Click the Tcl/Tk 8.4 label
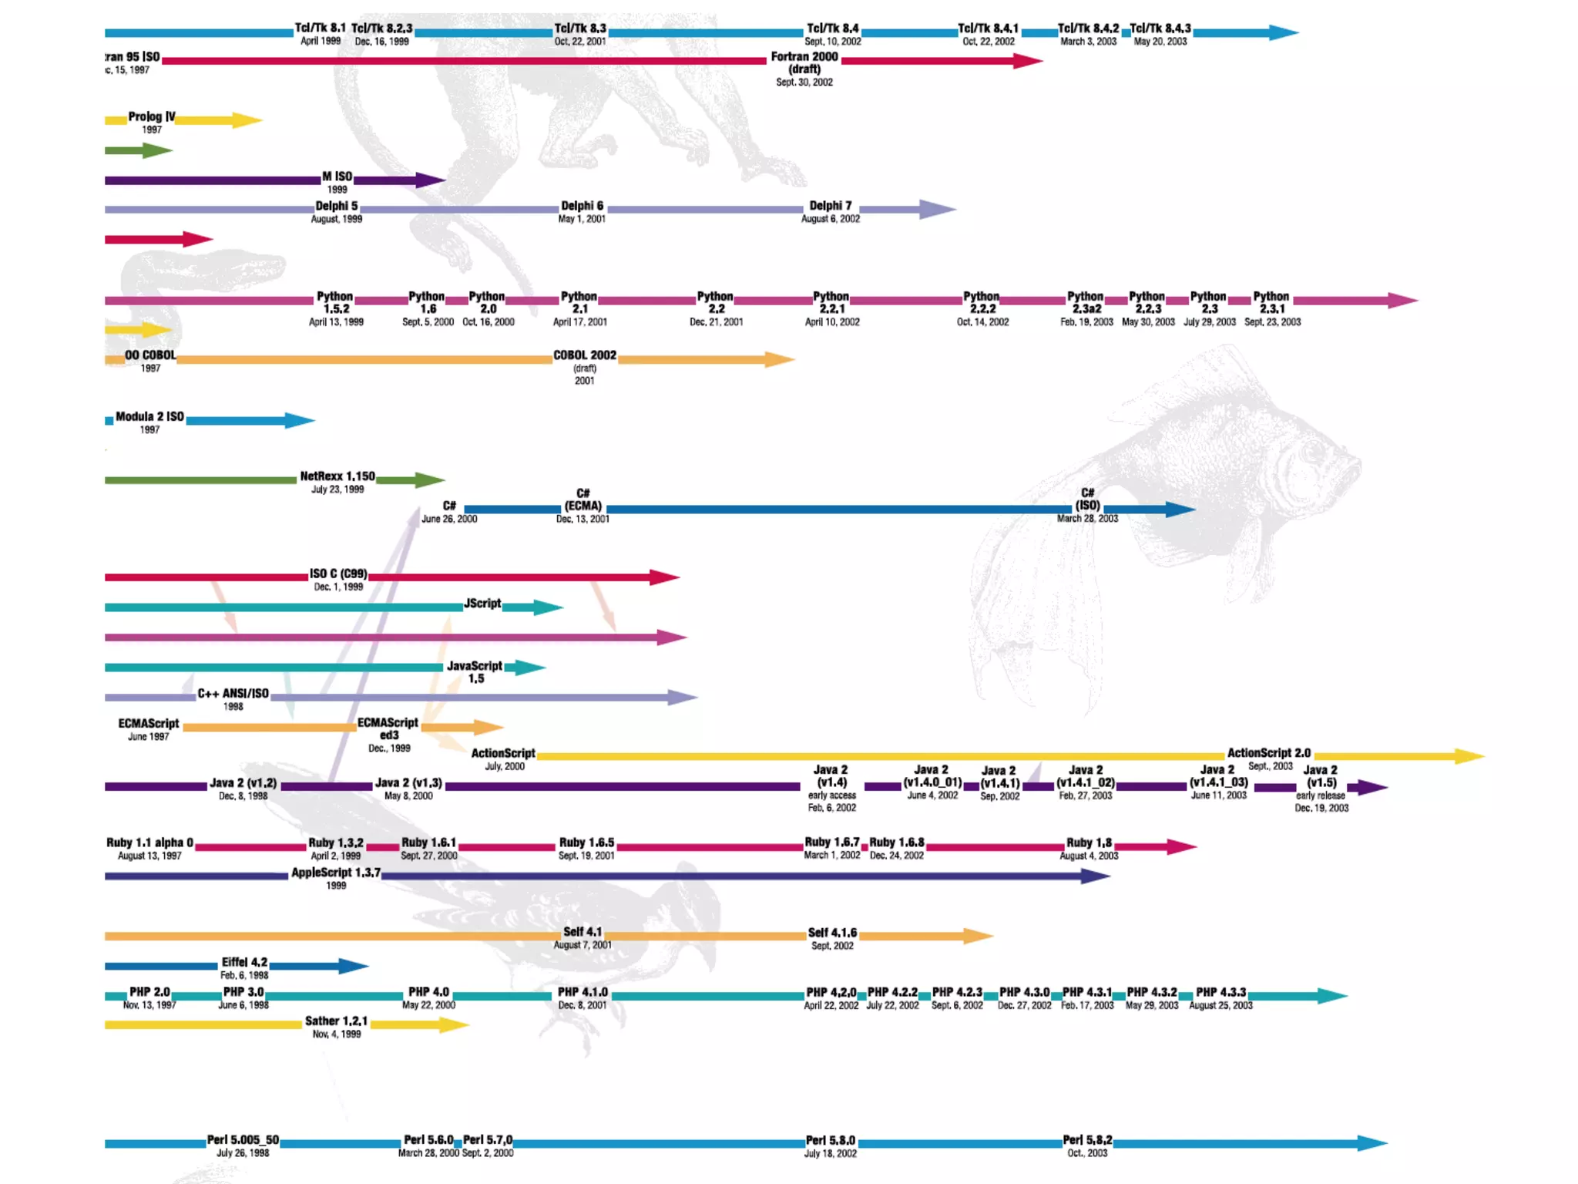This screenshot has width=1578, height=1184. click(832, 29)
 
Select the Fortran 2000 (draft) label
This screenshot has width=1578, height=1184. click(804, 62)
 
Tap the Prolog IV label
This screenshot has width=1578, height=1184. click(151, 116)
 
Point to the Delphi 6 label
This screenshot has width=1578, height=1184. click(582, 206)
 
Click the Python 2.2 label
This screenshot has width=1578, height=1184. click(715, 302)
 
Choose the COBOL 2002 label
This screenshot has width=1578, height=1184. click(585, 355)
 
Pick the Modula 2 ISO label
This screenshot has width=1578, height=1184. click(149, 416)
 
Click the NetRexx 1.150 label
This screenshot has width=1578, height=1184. click(337, 476)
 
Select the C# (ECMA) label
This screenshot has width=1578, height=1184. click(583, 499)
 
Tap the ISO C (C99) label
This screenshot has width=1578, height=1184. click(338, 573)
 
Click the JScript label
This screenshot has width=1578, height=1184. click(482, 604)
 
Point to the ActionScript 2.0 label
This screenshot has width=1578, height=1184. click(1268, 753)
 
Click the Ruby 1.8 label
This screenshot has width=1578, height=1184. click(1089, 843)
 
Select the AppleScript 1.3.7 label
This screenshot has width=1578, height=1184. click(336, 873)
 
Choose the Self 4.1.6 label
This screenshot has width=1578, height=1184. click(832, 933)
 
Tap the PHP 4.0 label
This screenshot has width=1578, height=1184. click(428, 992)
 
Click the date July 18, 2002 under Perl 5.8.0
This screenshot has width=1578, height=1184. click(830, 1154)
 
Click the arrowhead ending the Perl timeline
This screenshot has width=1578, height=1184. click(1372, 1143)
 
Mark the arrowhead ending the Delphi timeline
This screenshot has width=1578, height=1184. click(937, 209)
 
